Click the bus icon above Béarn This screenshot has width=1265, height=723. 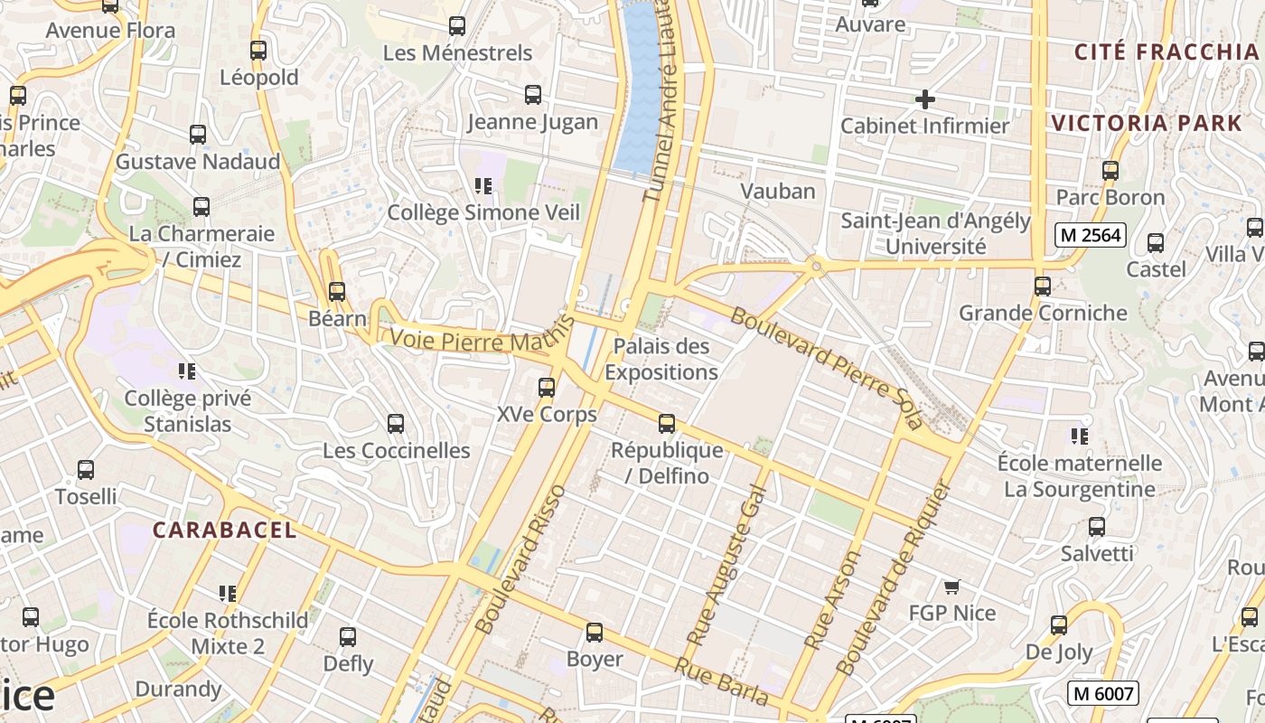coord(337,292)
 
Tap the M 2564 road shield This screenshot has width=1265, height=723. coord(1090,236)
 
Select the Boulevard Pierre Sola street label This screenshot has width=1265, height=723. coord(826,367)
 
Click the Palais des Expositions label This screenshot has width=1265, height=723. coord(661,359)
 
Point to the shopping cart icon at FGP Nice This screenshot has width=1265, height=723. coord(951,587)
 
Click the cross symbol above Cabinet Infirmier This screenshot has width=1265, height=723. coord(924,99)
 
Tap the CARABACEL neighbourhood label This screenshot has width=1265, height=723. coord(224,531)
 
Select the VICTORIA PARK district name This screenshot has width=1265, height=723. coord(1147,124)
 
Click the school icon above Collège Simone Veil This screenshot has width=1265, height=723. coord(483,186)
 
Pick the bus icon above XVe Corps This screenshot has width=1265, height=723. coord(547,388)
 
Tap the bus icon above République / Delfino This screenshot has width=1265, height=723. coord(667,423)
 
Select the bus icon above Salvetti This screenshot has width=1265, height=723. coord(1097,527)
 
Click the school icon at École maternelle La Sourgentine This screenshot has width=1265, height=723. coord(1079,437)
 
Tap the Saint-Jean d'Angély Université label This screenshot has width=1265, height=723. coord(935,233)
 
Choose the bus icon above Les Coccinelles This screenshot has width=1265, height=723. coord(396,424)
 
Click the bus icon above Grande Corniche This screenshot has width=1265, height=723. coord(1043,286)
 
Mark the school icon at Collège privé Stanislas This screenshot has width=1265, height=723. coord(187,371)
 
